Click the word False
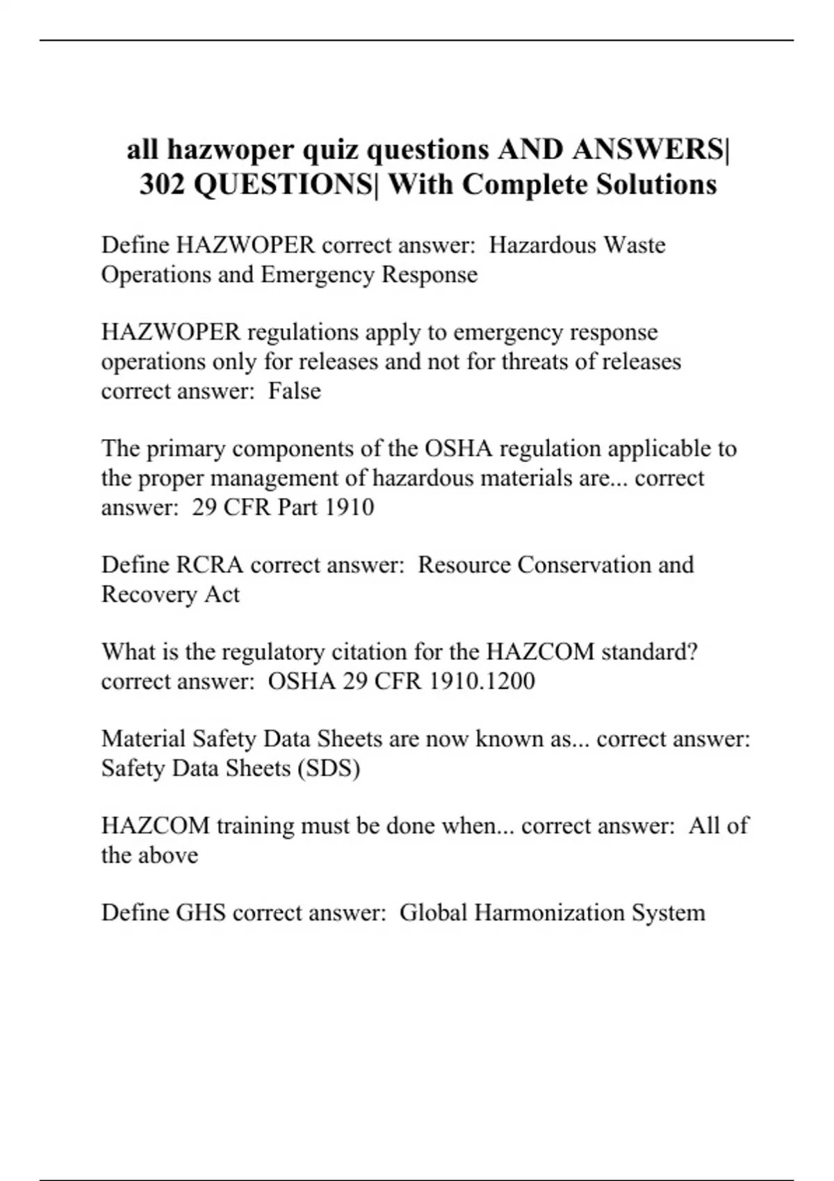pyautogui.click(x=295, y=391)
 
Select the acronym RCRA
pyautogui.click(x=210, y=565)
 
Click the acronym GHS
pyautogui.click(x=201, y=912)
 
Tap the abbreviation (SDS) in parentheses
pyautogui.click(x=329, y=768)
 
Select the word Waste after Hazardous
pyautogui.click(x=635, y=245)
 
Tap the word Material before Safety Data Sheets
pyautogui.click(x=144, y=738)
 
